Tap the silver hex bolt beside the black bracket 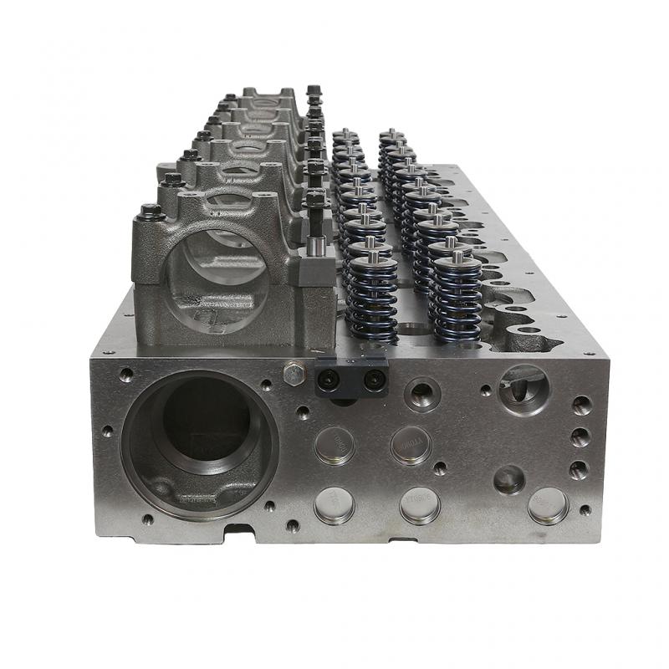coord(294,375)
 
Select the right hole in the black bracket coord(370,381)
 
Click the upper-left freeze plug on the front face coord(334,446)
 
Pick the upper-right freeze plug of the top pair coord(411,444)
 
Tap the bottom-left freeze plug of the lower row coord(334,504)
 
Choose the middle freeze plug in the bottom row coord(420,504)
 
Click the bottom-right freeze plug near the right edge coord(548,504)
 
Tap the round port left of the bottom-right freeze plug coord(509,479)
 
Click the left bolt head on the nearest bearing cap coord(151,212)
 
